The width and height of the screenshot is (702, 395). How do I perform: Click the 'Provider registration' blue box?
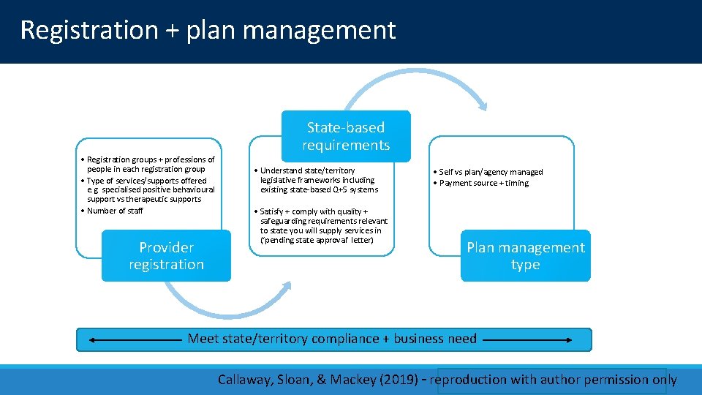click(x=166, y=256)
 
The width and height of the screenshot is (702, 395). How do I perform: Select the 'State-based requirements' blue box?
click(x=346, y=136)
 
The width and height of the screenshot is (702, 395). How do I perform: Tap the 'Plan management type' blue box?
click(x=525, y=256)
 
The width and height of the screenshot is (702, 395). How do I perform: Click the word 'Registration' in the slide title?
click(x=88, y=30)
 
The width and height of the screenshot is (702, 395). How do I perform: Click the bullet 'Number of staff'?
click(x=115, y=211)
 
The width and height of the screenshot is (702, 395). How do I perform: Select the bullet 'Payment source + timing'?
click(x=484, y=183)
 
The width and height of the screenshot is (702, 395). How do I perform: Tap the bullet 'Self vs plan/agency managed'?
click(x=491, y=172)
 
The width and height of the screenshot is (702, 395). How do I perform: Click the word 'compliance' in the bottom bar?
click(x=344, y=339)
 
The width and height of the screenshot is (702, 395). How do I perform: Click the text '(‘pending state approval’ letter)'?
click(x=317, y=240)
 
